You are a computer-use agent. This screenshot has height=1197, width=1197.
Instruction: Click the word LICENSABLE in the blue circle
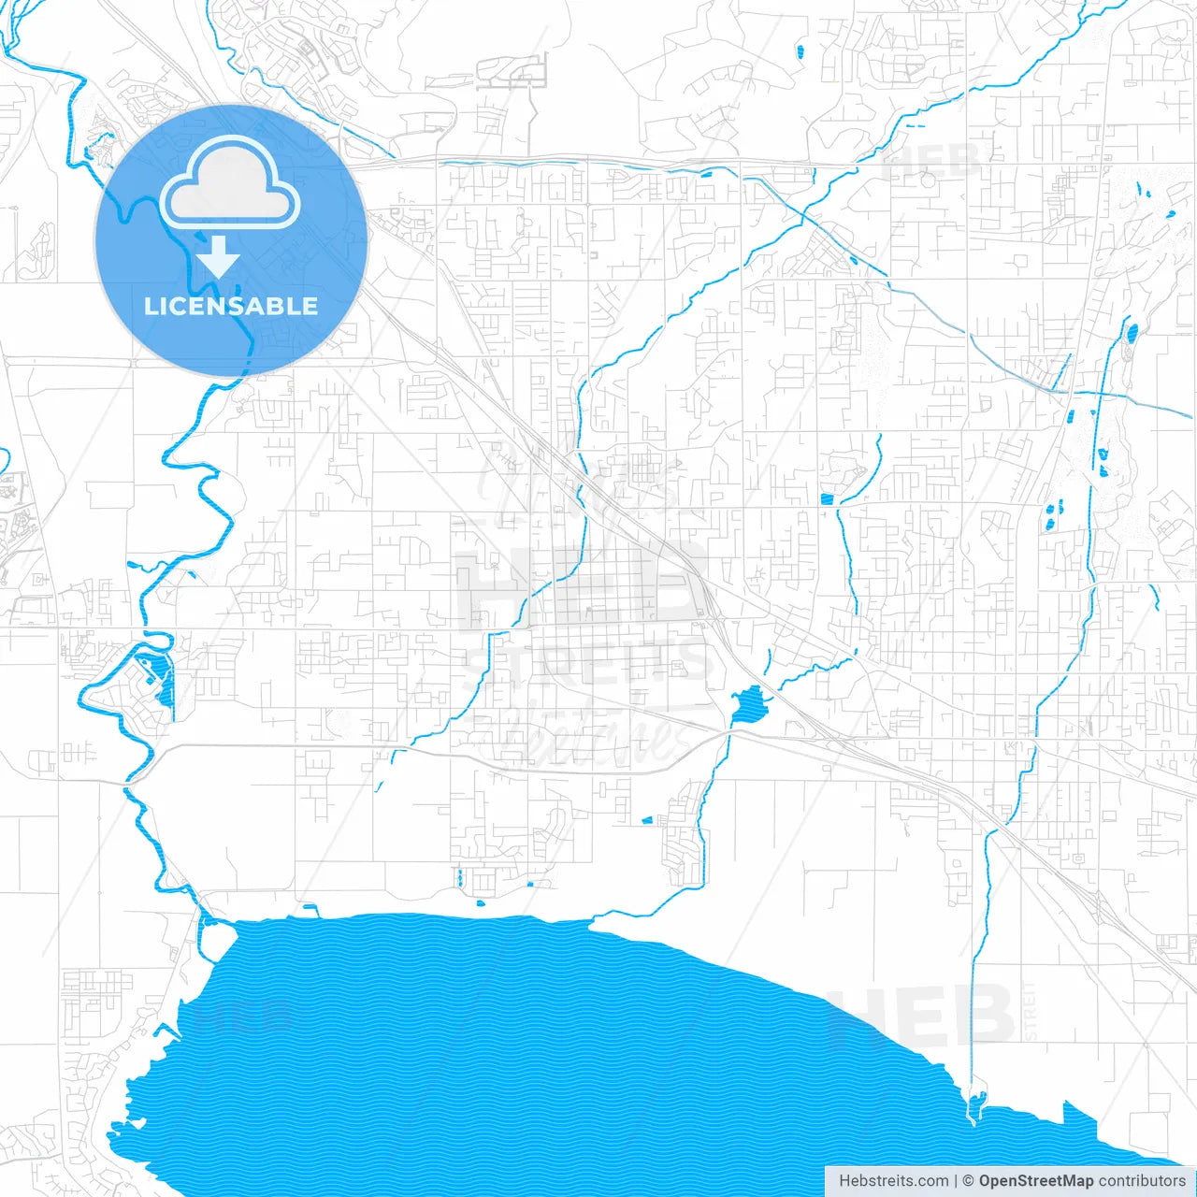pos(230,306)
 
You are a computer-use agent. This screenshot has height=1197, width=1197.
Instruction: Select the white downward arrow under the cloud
pos(219,256)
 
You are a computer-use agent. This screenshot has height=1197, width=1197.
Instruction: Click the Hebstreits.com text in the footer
pos(893,1181)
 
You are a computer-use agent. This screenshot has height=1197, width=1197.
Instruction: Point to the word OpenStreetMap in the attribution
pos(1035,1181)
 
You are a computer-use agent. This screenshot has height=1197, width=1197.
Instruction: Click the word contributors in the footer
pos(1141,1181)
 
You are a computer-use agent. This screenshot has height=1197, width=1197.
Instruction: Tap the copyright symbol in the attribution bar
pos(969,1181)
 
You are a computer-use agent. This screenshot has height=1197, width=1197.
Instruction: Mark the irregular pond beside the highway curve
pos(748,706)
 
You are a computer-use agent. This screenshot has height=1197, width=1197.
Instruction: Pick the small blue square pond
pos(826,499)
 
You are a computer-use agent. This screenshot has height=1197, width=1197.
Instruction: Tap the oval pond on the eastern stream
pos(1132,332)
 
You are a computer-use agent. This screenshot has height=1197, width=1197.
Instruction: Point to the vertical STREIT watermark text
pos(1030,1010)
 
